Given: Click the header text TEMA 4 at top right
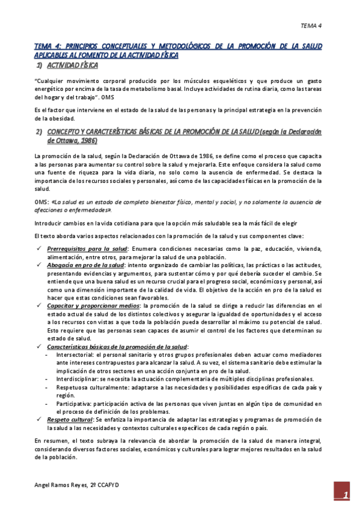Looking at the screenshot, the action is click(x=311, y=25).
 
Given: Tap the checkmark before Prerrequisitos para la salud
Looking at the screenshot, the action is click(x=39, y=249).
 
